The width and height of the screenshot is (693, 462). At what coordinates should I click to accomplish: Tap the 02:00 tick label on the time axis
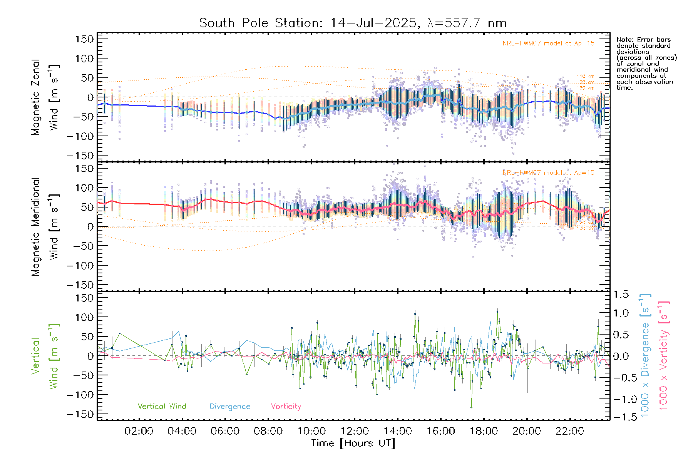(x=139, y=431)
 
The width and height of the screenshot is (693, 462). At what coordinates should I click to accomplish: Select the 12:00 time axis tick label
(x=354, y=431)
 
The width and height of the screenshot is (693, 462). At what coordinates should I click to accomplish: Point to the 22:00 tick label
(x=569, y=431)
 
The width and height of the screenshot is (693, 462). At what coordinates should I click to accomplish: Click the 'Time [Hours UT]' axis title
(x=353, y=443)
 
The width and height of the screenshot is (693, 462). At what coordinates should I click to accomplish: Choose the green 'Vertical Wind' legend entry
(x=162, y=407)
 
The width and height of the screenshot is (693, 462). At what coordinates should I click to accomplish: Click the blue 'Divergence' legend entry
(x=230, y=407)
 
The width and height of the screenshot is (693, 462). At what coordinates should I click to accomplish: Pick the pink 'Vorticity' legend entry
(x=286, y=407)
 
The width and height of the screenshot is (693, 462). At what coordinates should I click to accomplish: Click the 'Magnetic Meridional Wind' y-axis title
(x=45, y=227)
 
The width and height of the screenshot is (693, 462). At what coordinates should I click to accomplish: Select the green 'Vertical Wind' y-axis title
(x=45, y=356)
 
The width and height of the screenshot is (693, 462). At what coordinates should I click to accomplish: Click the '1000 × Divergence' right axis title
(x=645, y=356)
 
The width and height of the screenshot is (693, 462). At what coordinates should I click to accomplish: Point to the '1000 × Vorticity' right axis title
(x=664, y=356)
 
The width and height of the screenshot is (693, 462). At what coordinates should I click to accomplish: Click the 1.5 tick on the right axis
(x=621, y=295)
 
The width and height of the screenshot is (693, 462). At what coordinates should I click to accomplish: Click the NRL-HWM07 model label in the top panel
(x=548, y=44)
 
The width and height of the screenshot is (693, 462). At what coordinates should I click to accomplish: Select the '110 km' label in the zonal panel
(x=585, y=76)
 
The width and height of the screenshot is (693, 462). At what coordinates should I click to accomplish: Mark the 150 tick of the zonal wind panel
(x=84, y=39)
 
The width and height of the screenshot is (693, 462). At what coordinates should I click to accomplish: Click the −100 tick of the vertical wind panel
(x=80, y=395)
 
